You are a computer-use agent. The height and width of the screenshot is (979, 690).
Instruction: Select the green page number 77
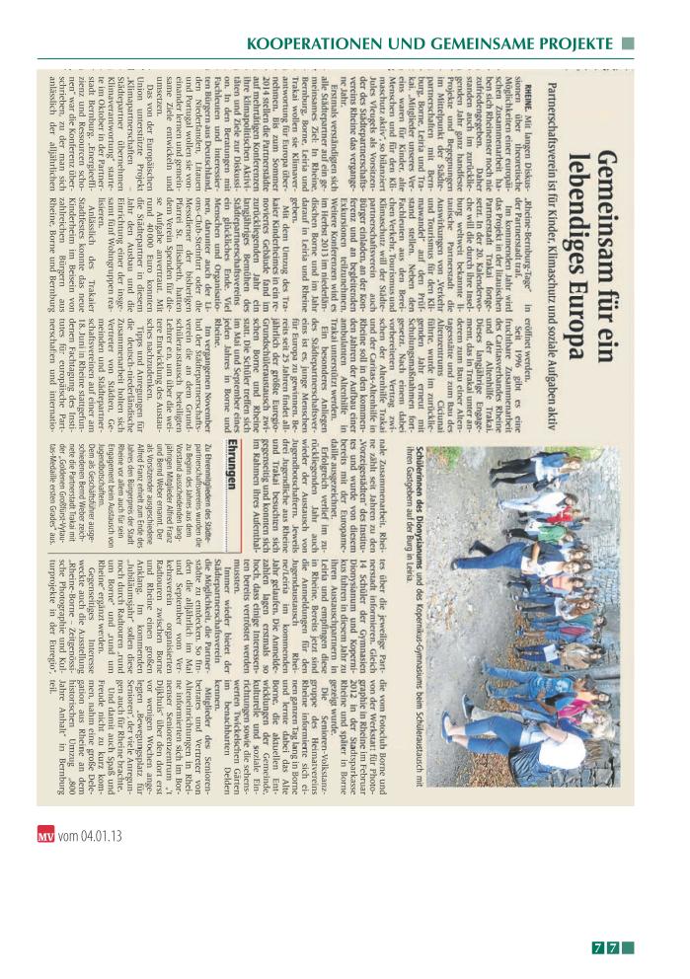pyautogui.click(x=606, y=948)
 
